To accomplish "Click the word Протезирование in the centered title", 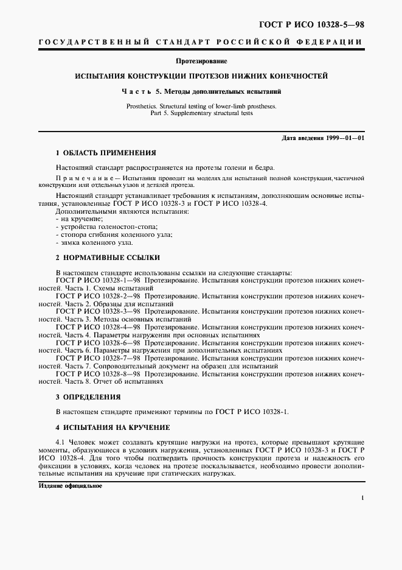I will tap(201, 62).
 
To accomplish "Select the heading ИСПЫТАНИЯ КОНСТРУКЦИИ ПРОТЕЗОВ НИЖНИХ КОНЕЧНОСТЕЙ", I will tap(201, 77).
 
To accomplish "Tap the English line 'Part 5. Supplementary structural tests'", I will tap(201, 113).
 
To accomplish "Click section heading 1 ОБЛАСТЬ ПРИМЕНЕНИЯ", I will tap(106, 152).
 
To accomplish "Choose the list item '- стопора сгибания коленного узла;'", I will tap(105, 234).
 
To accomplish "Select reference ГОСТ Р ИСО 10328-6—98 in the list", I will tap(97, 343).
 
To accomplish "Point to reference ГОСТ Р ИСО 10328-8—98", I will tap(97, 375).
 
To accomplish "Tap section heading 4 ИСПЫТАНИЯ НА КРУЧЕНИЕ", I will tap(113, 427).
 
